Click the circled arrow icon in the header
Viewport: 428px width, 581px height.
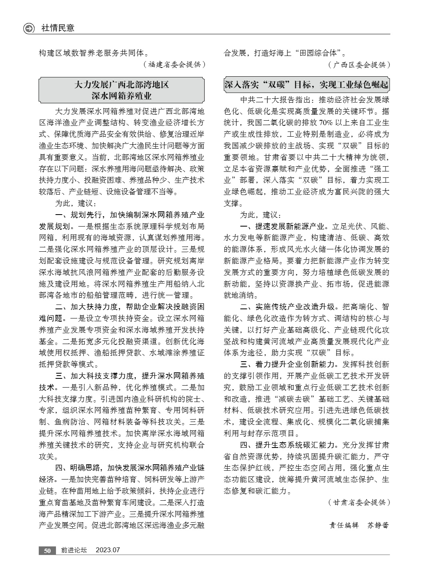point(29,28)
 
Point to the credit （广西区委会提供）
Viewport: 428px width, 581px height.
point(359,64)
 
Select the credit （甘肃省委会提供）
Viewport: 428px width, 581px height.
point(358,502)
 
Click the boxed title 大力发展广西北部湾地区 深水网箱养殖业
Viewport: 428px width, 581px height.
point(121,90)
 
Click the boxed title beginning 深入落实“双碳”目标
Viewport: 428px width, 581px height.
point(306,85)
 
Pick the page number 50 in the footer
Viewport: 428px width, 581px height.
point(47,550)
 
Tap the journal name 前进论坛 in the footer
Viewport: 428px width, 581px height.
point(74,550)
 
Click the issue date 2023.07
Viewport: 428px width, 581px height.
point(107,550)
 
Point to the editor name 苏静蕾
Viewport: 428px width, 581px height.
point(378,525)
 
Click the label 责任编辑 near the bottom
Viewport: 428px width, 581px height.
point(344,525)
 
